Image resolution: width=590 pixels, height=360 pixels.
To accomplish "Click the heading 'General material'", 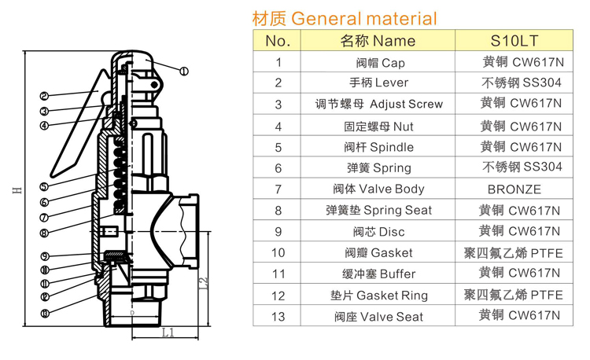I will click(x=343, y=18).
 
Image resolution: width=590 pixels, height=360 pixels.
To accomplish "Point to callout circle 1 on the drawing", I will click(x=184, y=72).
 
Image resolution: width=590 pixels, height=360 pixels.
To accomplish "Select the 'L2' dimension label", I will click(x=202, y=281).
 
